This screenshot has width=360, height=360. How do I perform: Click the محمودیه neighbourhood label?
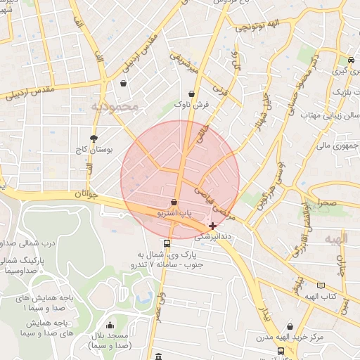point(117,105)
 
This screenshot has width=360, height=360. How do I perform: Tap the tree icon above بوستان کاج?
point(94,138)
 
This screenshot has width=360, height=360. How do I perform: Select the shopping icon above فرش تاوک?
point(192,94)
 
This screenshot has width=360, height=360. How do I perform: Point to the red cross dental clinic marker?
point(213,226)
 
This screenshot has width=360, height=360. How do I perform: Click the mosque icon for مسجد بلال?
point(110,325)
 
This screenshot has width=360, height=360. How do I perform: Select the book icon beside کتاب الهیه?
point(321,285)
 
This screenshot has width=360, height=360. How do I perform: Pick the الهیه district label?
point(336,240)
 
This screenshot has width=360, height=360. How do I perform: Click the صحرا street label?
point(328,202)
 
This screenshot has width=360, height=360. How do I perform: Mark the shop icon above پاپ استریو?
point(174,202)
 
